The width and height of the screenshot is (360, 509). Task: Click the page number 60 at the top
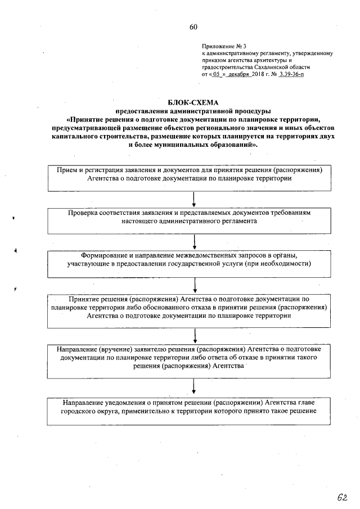click(x=193, y=27)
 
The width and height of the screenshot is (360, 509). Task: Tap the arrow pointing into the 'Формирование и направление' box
click(x=194, y=242)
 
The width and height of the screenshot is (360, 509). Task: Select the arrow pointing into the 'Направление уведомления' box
click(x=194, y=388)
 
